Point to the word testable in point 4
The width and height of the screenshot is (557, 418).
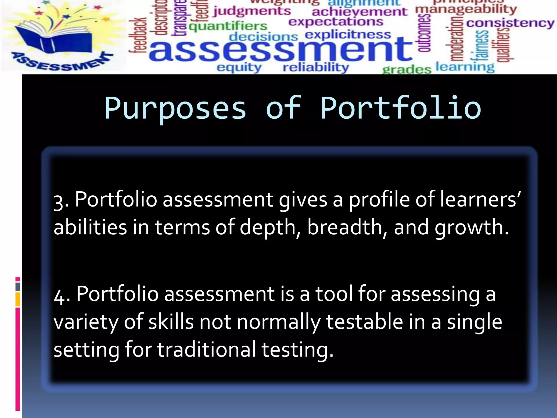pos(364,322)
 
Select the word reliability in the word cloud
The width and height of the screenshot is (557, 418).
pos(316,67)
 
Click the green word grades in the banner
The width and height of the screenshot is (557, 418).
pos(407,69)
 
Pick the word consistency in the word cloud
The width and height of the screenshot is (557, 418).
pos(510,23)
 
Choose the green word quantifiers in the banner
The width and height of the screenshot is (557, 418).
pos(228,26)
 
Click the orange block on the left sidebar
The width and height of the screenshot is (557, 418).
pos(18,299)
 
